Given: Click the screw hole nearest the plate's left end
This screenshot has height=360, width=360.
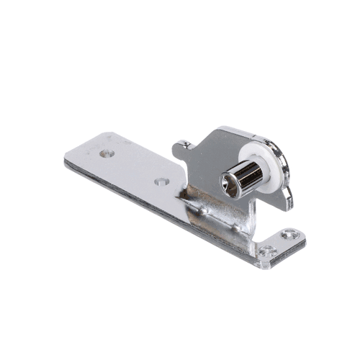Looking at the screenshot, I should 107,153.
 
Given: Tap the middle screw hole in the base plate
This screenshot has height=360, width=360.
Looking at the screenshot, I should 161,181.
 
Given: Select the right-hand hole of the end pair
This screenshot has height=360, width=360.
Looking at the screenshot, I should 289,234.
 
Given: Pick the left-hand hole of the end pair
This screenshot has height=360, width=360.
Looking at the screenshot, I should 268,250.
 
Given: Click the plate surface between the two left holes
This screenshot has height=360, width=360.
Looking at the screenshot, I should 133,167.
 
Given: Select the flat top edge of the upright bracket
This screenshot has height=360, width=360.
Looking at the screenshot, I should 230,132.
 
